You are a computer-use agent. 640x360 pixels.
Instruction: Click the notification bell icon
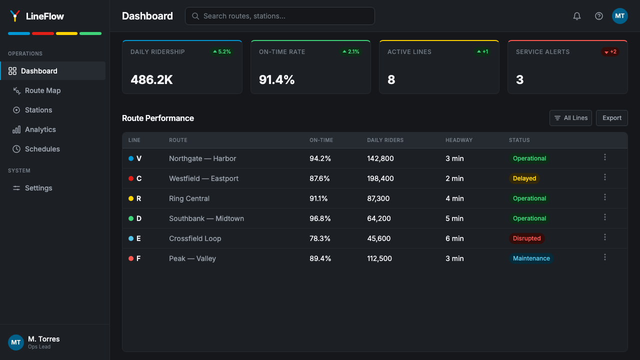577,16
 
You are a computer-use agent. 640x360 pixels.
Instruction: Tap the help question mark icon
599,16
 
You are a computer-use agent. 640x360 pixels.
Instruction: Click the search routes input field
279,16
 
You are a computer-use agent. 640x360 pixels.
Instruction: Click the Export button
611,118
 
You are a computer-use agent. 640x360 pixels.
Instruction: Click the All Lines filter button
570,118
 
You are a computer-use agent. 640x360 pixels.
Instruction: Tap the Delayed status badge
524,178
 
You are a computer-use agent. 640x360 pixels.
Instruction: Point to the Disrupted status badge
526,238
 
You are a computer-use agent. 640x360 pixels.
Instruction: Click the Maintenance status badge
531,258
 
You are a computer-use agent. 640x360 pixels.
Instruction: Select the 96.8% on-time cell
320,218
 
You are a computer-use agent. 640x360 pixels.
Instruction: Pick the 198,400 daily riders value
380,178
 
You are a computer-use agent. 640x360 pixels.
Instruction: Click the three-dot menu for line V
605,157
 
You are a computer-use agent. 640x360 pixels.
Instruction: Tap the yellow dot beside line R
131,198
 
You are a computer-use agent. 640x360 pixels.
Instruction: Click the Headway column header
459,140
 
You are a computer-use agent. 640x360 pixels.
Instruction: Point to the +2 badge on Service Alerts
610,51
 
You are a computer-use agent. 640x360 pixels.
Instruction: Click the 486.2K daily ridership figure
151,79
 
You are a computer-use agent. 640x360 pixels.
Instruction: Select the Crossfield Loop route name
195,238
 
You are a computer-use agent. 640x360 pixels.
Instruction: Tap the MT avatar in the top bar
619,16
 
